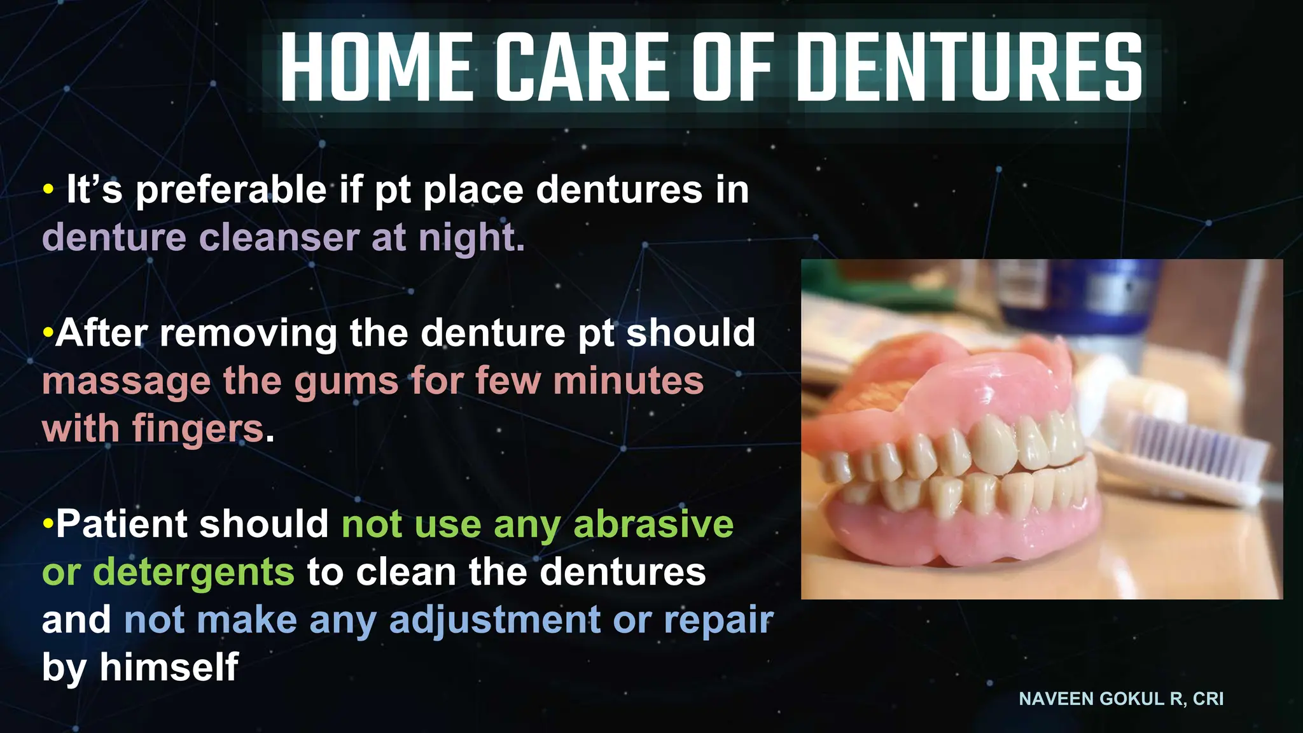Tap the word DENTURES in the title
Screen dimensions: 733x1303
(x=970, y=67)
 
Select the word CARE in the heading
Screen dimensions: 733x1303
(x=583, y=67)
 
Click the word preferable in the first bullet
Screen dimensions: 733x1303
(x=232, y=190)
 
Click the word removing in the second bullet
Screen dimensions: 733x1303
(x=248, y=333)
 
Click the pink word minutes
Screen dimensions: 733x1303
(x=629, y=381)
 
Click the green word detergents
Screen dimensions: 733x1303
(x=193, y=571)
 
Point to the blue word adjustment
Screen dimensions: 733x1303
(x=494, y=620)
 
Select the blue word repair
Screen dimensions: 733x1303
(x=718, y=620)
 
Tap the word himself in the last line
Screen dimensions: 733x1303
(x=169, y=667)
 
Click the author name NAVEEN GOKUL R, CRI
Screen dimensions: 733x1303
(x=1121, y=699)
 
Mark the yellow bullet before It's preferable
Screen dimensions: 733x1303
(x=48, y=190)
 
